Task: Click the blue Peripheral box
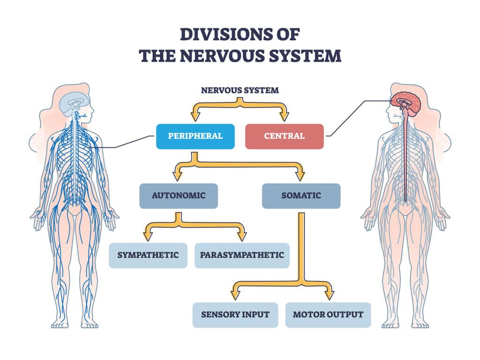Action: tap(195, 136)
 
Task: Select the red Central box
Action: tap(284, 136)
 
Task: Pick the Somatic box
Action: tap(300, 195)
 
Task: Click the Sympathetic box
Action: tap(148, 255)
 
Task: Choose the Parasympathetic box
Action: tap(242, 255)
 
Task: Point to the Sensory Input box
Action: tap(235, 315)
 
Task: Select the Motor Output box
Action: tap(328, 315)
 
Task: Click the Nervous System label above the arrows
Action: tap(240, 90)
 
